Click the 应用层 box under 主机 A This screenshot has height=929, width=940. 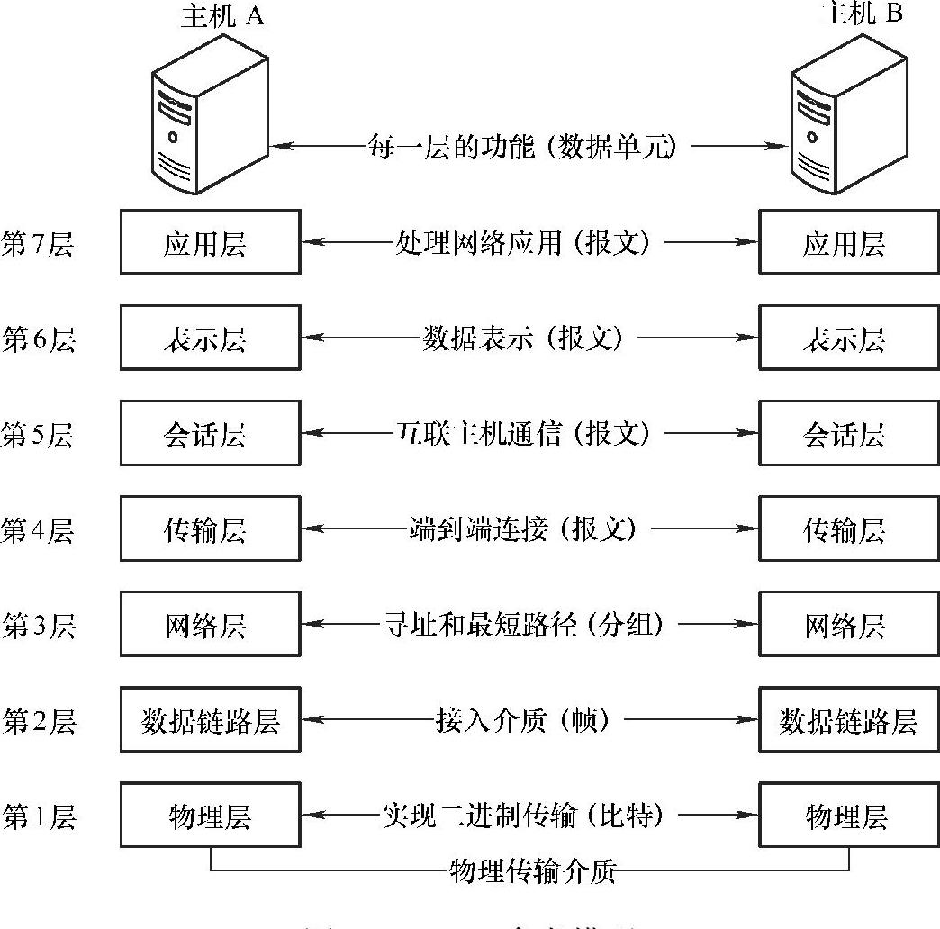coord(210,242)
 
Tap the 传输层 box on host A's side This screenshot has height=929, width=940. coord(210,528)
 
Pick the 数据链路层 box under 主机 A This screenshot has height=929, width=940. coord(210,720)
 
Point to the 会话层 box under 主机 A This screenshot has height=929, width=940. coord(210,434)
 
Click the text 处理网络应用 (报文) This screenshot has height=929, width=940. coord(521,242)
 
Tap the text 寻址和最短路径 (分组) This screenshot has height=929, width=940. coord(523,624)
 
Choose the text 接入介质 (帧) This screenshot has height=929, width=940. coord(523,720)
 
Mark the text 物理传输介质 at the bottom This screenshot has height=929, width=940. coord(531,870)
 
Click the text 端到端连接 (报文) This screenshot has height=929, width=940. coord(523,528)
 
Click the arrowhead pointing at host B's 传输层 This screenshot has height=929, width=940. coord(747,528)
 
